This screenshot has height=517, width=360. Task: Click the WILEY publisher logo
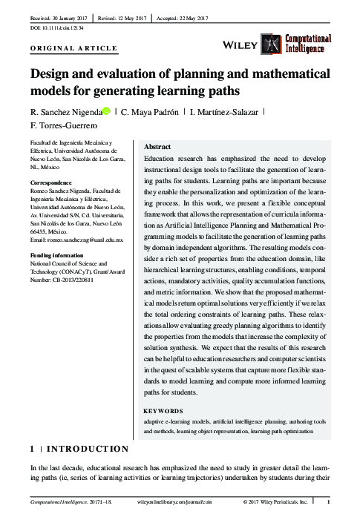(240, 45)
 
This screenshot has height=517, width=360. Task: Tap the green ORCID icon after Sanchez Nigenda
(107, 111)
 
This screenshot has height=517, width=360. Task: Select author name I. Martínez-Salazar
(228, 112)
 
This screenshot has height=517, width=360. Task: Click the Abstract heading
(157, 147)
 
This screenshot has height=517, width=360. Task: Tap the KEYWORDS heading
(163, 410)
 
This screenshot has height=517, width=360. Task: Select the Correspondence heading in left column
(50, 182)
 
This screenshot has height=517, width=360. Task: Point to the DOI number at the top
(57, 27)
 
